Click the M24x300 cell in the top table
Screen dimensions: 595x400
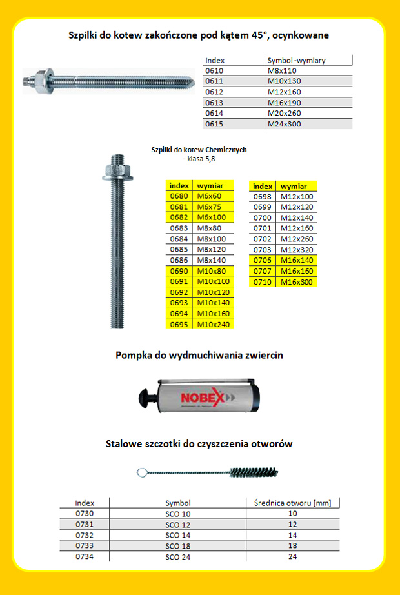283,124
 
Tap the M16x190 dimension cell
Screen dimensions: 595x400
283,103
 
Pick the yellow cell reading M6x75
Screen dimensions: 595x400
209,207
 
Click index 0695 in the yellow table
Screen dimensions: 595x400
179,324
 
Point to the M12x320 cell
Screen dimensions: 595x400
297,249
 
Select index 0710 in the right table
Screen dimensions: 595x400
263,281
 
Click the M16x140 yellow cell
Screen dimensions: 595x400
297,260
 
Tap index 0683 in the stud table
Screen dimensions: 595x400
179,228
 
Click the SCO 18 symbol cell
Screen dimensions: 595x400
178,545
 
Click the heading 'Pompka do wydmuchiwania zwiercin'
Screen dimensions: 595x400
199,355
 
